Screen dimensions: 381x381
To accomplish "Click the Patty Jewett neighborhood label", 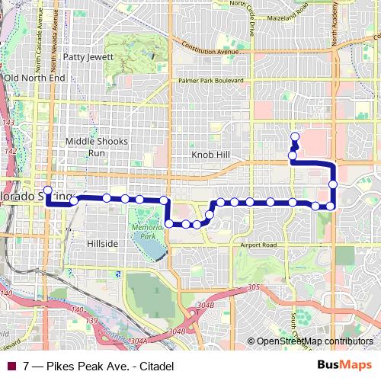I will click(88, 56).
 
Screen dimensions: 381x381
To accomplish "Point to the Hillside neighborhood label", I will click(101, 243).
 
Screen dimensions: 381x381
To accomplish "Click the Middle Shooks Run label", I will click(95, 146).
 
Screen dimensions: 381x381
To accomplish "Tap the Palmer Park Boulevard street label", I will click(210, 80).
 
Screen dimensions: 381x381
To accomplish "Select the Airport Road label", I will click(259, 245).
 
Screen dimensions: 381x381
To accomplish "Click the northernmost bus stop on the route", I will click(294, 136).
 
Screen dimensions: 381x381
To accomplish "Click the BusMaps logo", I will click(345, 366).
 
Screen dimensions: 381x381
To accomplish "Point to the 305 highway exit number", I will click(253, 288).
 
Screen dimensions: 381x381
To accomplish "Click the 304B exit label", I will click(177, 331).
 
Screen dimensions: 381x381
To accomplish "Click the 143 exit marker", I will click(8, 122).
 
